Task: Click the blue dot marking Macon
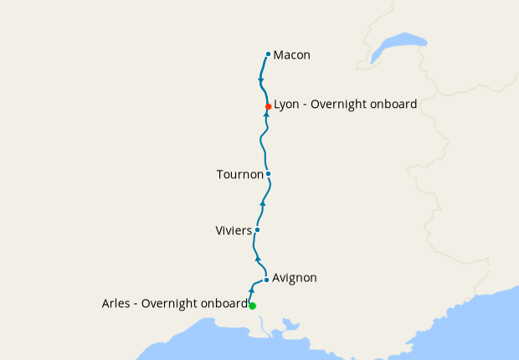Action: coord(268,54)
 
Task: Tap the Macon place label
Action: coord(292,55)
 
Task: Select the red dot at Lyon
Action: coord(268,106)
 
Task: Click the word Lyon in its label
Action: coord(287,105)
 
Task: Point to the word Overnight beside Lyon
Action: coord(340,105)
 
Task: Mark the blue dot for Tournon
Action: coord(268,174)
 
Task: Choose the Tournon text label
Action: coord(239,174)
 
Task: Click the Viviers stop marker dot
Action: coord(257,229)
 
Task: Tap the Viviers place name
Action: coord(234,230)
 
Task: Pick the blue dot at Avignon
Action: coord(266,280)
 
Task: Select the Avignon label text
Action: coord(295,278)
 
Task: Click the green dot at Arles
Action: coord(252,306)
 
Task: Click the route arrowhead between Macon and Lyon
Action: coord(262,80)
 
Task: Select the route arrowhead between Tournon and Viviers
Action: coord(263,203)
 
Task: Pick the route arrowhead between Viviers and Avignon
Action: coord(258,259)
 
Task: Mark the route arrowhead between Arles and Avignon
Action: coord(252,289)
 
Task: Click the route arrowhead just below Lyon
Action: coord(265,116)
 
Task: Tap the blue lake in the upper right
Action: coord(399,44)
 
